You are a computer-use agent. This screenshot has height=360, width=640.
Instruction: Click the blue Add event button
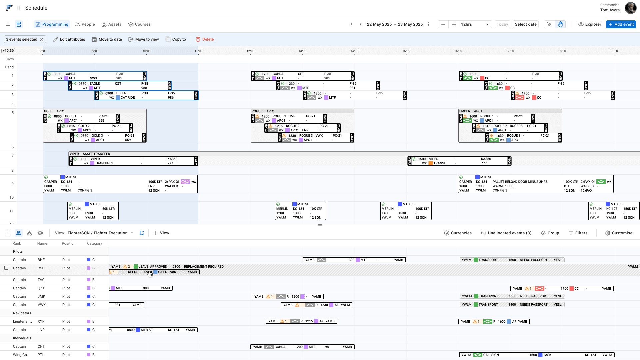pos(621,24)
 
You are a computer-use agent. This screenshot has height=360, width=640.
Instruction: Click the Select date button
pos(525,24)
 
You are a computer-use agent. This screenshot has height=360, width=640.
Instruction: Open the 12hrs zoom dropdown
pos(475,24)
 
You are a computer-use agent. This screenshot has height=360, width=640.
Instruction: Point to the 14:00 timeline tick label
pos(354,51)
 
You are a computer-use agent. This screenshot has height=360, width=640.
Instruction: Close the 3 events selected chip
pos(42,39)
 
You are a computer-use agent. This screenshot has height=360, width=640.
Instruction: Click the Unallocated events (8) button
pos(506,233)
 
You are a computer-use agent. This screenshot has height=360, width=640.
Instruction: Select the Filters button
pos(578,233)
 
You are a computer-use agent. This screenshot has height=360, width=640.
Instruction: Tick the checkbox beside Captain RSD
pos(6,268)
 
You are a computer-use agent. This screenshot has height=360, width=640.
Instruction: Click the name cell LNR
pos(41,330)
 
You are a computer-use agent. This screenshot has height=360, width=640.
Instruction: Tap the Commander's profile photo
pos(630,8)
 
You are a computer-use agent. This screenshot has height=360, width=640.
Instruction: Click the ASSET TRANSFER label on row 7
pos(96,154)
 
